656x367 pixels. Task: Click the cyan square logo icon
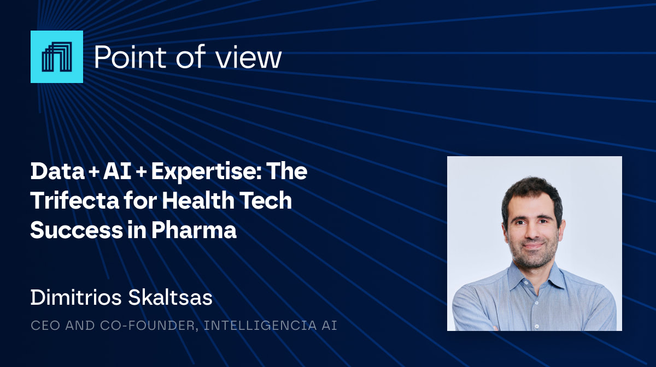57,57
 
